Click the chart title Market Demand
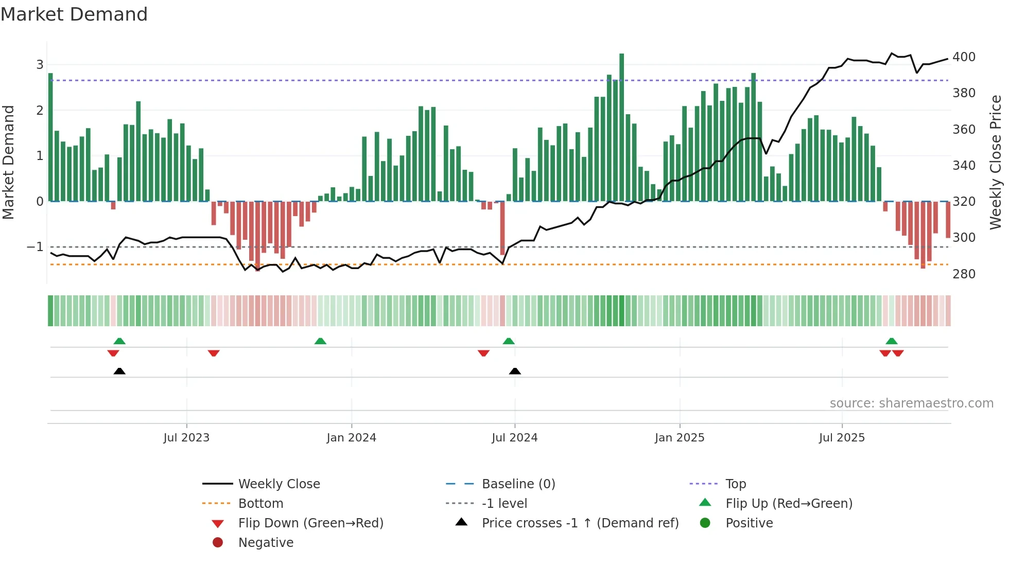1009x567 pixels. click(x=74, y=14)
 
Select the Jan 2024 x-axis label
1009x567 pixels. click(x=351, y=438)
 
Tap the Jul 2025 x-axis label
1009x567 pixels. click(x=842, y=438)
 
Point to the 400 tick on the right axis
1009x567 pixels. click(x=964, y=57)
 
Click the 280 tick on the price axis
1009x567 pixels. click(x=964, y=274)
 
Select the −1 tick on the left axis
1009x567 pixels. click(x=35, y=247)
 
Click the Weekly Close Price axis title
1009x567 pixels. click(x=996, y=162)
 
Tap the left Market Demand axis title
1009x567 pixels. click(x=8, y=162)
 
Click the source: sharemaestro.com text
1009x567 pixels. click(x=911, y=403)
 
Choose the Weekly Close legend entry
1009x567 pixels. click(x=279, y=484)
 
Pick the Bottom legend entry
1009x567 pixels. click(x=260, y=504)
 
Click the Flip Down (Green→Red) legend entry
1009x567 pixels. click(x=310, y=523)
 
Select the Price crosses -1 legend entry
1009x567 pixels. click(x=580, y=523)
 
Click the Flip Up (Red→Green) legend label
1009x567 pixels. click(x=789, y=504)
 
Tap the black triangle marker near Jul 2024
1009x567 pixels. click(x=515, y=371)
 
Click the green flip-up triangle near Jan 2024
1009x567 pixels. click(x=320, y=341)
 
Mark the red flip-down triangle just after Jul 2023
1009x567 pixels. click(x=214, y=353)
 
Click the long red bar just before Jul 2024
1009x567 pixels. click(x=502, y=228)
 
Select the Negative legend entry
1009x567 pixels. click(x=266, y=543)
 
